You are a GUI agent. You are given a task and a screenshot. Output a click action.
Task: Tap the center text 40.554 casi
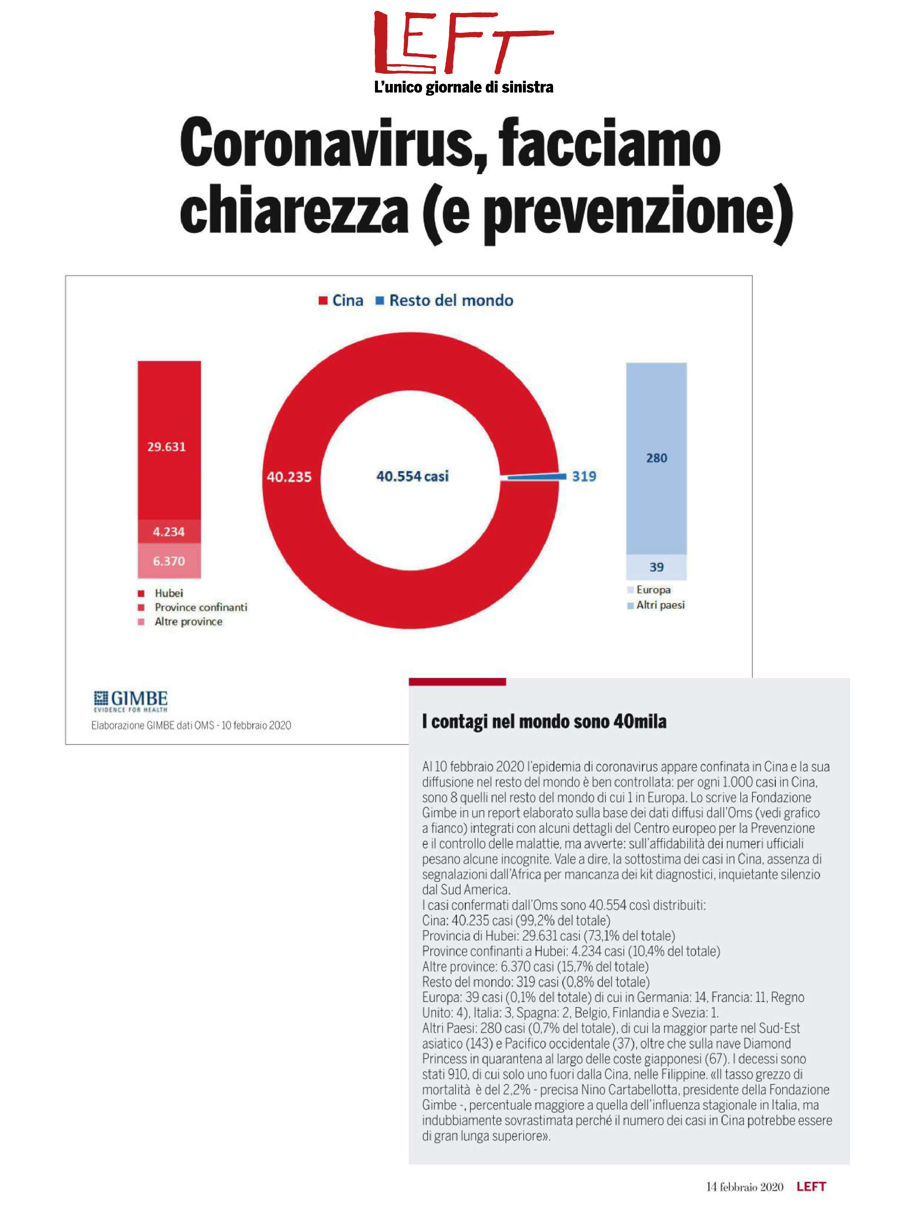[412, 476]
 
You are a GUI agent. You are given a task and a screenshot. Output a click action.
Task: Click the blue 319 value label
[584, 476]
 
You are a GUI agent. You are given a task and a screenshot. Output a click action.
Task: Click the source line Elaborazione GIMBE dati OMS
[191, 725]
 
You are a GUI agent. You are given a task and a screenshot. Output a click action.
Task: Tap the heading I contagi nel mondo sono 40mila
[544, 721]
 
